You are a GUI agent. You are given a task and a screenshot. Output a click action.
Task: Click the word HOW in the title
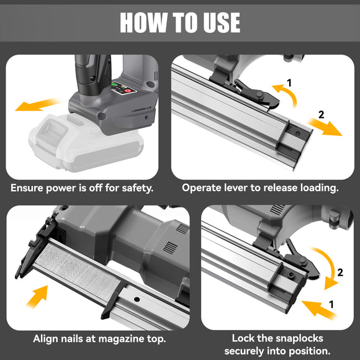click(143, 22)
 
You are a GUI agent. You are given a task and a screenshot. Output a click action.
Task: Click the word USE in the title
click(222, 22)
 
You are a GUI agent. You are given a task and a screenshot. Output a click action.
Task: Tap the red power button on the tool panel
click(128, 91)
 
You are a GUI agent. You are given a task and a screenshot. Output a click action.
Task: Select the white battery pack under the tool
click(86, 143)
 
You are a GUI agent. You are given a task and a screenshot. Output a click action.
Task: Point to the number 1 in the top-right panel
click(289, 83)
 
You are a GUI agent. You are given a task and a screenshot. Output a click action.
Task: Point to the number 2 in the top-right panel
click(321, 115)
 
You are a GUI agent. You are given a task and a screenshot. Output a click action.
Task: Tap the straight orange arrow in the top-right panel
click(325, 127)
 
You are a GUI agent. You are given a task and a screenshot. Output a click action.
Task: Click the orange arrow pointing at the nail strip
click(37, 297)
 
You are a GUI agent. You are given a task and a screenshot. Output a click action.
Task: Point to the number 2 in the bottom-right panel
click(340, 272)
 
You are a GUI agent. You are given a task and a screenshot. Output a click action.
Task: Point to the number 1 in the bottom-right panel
click(331, 304)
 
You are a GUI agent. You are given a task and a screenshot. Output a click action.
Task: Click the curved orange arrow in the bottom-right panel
click(331, 266)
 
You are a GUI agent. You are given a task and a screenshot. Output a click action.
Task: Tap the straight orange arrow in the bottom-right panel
click(318, 310)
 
